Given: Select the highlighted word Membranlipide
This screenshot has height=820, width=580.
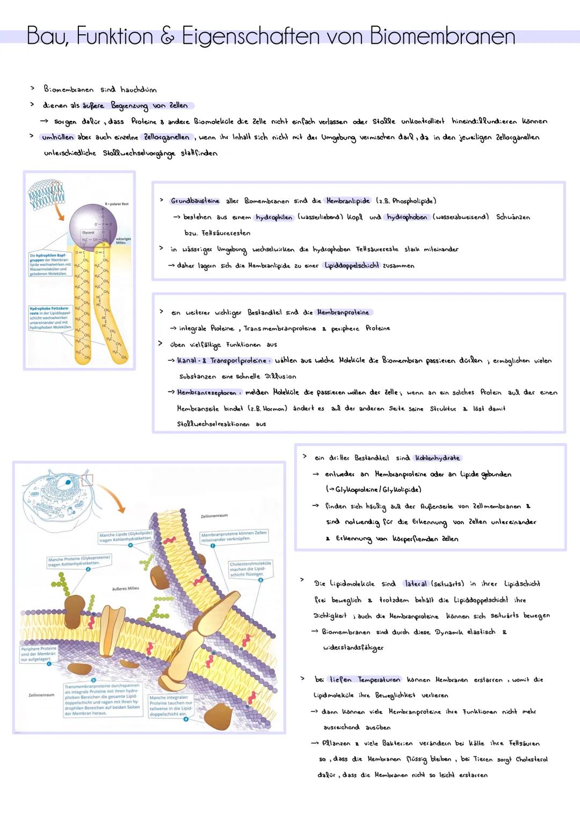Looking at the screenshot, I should click(x=348, y=201).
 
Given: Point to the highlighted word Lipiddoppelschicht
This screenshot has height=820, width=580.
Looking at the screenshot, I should click(x=352, y=265).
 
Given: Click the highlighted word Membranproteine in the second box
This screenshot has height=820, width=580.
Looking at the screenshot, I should click(x=343, y=312).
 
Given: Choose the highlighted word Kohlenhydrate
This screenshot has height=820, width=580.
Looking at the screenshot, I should click(x=437, y=458).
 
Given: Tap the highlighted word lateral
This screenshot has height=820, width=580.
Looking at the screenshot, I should click(x=416, y=584).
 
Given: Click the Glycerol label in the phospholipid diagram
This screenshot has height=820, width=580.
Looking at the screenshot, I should click(x=88, y=233).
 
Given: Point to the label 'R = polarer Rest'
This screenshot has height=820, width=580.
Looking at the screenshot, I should click(x=117, y=204).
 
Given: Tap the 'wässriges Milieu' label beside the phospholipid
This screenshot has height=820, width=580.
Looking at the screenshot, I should click(x=123, y=241).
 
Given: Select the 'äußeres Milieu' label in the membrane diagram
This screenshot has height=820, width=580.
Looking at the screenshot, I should click(x=125, y=588).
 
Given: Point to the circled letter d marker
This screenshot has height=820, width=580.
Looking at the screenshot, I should click(x=88, y=569).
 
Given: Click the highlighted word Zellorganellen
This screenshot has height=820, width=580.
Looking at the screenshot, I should click(x=166, y=137).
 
